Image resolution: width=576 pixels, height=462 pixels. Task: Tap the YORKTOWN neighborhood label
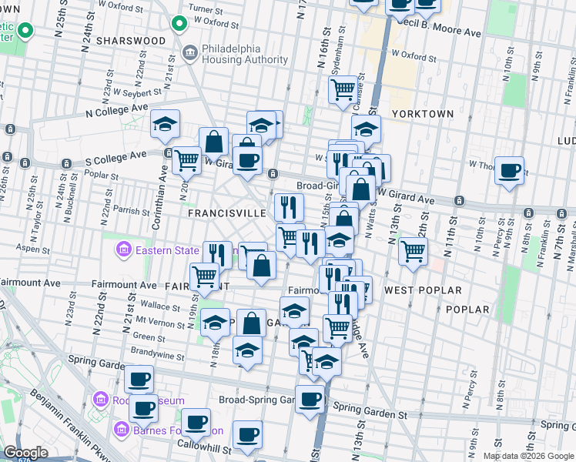[x=423, y=113]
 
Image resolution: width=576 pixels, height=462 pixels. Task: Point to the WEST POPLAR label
[x=423, y=290]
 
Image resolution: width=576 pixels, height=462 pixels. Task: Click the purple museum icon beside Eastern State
[x=122, y=249]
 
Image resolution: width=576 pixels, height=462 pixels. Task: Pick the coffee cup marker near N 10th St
[x=509, y=171]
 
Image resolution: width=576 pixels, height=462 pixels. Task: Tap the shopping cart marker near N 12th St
[x=414, y=251]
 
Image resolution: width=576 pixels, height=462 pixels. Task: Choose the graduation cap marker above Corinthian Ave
[x=165, y=124]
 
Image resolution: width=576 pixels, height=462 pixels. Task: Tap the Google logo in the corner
[x=25, y=453]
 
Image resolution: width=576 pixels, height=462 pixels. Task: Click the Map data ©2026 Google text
[x=527, y=456]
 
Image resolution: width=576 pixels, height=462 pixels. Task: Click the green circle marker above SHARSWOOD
[x=181, y=23]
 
